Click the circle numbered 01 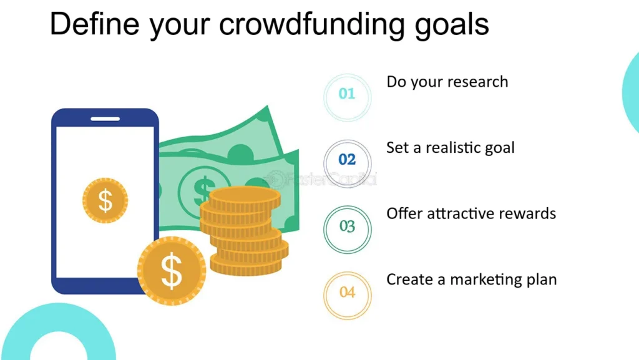coord(347,94)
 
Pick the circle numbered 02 coord(347,160)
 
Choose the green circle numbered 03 coord(347,226)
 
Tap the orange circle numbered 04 coord(347,292)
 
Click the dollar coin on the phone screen coord(105,200)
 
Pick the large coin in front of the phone coord(171,270)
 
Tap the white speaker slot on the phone coord(105,119)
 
